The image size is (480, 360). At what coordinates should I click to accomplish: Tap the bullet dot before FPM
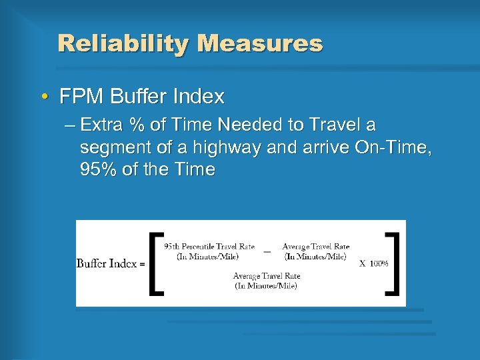(44, 97)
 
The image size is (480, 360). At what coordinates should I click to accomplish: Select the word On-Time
(395, 147)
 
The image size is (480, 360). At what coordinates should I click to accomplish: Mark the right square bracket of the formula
(393, 263)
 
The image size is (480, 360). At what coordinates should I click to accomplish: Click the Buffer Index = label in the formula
(111, 263)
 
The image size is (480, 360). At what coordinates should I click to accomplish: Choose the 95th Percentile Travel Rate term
(209, 251)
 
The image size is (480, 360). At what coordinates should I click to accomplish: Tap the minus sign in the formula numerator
(267, 252)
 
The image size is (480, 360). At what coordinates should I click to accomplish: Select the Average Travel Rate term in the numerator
(315, 251)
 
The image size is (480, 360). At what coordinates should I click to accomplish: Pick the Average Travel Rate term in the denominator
(267, 280)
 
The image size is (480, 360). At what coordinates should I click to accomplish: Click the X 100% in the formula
(375, 263)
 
